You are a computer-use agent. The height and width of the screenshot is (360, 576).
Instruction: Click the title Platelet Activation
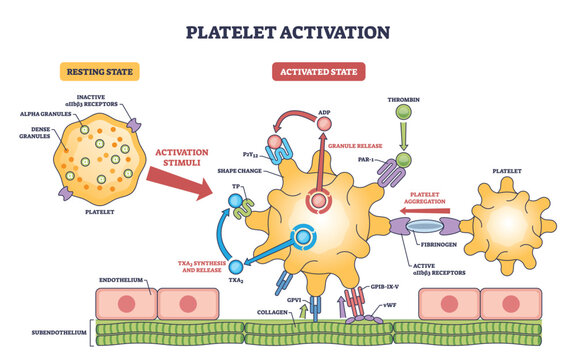287,31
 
